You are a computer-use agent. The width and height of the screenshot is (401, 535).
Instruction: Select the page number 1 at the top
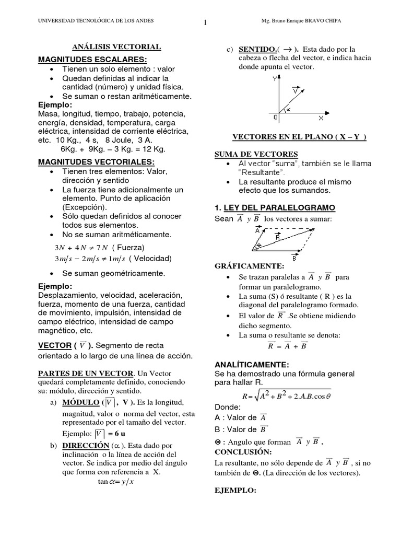205,22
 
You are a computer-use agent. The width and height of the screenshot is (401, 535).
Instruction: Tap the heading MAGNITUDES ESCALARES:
92,59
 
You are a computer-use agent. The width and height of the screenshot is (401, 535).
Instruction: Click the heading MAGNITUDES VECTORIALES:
96,161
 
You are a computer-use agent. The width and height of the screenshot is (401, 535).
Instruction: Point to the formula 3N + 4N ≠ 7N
81,247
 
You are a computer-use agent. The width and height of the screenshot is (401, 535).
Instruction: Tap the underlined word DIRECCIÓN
84,446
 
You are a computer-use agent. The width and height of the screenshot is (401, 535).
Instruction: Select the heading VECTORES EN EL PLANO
299,137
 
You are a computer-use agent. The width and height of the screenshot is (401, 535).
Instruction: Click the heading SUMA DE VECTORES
256,154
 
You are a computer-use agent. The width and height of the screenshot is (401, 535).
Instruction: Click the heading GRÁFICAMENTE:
249,266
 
